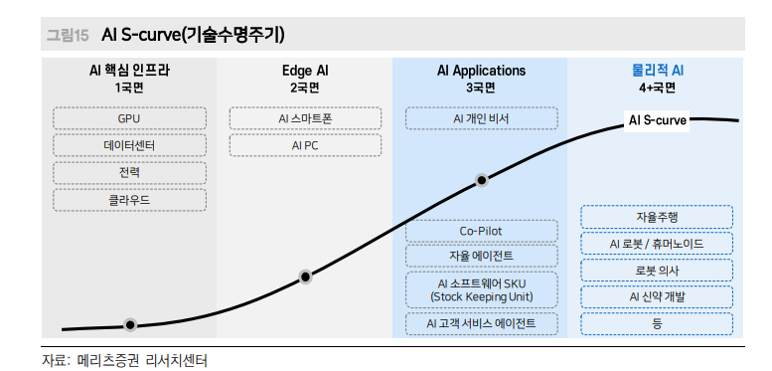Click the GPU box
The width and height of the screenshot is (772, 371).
coord(129,119)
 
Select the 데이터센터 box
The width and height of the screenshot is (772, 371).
coord(129,146)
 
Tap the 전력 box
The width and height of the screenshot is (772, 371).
coord(129,173)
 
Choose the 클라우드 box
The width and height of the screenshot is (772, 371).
coord(129,200)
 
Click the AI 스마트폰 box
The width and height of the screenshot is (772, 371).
coord(305,119)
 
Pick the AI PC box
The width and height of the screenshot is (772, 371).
coord(305,146)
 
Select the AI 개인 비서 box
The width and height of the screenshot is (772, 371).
coord(481,119)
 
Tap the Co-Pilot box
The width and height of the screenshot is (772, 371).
coord(481,231)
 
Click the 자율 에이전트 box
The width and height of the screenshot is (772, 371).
coord(481,257)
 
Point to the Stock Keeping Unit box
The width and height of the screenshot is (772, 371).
coord(481,289)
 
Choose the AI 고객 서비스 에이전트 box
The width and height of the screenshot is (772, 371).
coord(481,323)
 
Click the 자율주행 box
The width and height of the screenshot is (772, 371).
coord(657,217)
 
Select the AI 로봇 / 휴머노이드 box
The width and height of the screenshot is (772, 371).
coord(657,244)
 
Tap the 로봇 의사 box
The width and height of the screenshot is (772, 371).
coord(657,271)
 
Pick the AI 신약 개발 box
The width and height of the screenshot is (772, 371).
coord(657,296)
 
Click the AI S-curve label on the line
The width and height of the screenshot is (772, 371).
coord(658,120)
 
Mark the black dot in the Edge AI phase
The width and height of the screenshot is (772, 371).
coord(305,277)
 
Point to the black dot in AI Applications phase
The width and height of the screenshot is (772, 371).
coord(482,181)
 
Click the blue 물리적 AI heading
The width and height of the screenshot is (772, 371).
coord(657,71)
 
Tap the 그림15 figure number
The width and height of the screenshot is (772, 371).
coord(68,36)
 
